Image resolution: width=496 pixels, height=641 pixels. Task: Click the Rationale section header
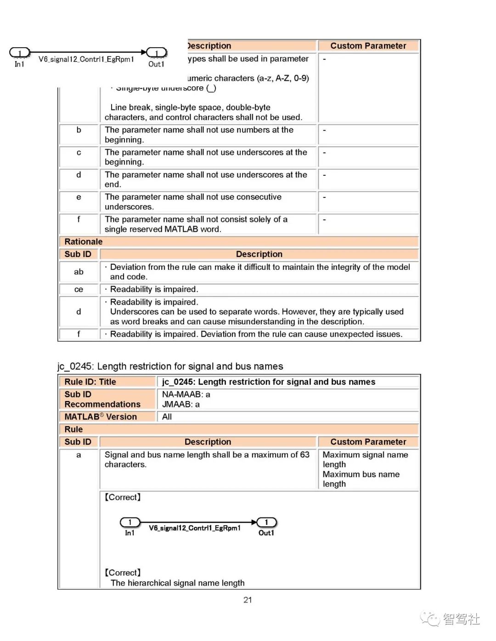(x=84, y=242)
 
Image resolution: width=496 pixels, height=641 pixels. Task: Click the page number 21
(x=248, y=600)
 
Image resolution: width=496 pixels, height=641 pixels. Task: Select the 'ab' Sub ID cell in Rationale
(x=79, y=272)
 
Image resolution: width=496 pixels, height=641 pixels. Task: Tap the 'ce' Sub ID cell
(x=79, y=290)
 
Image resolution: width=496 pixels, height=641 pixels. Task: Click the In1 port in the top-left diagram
(x=19, y=53)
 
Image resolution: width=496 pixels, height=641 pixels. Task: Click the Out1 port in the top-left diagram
(x=156, y=53)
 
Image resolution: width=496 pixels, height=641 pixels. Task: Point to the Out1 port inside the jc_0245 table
(x=266, y=523)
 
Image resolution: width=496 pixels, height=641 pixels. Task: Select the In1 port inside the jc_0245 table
(x=130, y=523)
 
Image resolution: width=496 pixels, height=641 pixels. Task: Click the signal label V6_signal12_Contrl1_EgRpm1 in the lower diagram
(x=195, y=528)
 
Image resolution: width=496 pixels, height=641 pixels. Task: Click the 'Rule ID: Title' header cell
(x=90, y=382)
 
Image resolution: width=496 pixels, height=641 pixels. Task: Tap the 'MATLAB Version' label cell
(x=101, y=417)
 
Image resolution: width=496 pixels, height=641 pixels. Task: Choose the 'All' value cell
(x=167, y=417)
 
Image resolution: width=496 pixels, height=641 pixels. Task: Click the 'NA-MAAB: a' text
(x=186, y=394)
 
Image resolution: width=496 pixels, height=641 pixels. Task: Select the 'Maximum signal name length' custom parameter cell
(x=365, y=459)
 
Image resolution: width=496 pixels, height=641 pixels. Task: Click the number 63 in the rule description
(x=304, y=455)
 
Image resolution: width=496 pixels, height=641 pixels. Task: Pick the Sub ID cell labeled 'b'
(x=79, y=130)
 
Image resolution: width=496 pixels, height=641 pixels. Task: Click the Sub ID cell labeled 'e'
(x=79, y=197)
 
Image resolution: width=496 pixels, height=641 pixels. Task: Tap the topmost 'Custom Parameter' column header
(x=368, y=46)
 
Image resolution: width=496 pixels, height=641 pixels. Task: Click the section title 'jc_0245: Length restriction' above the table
(x=170, y=366)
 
